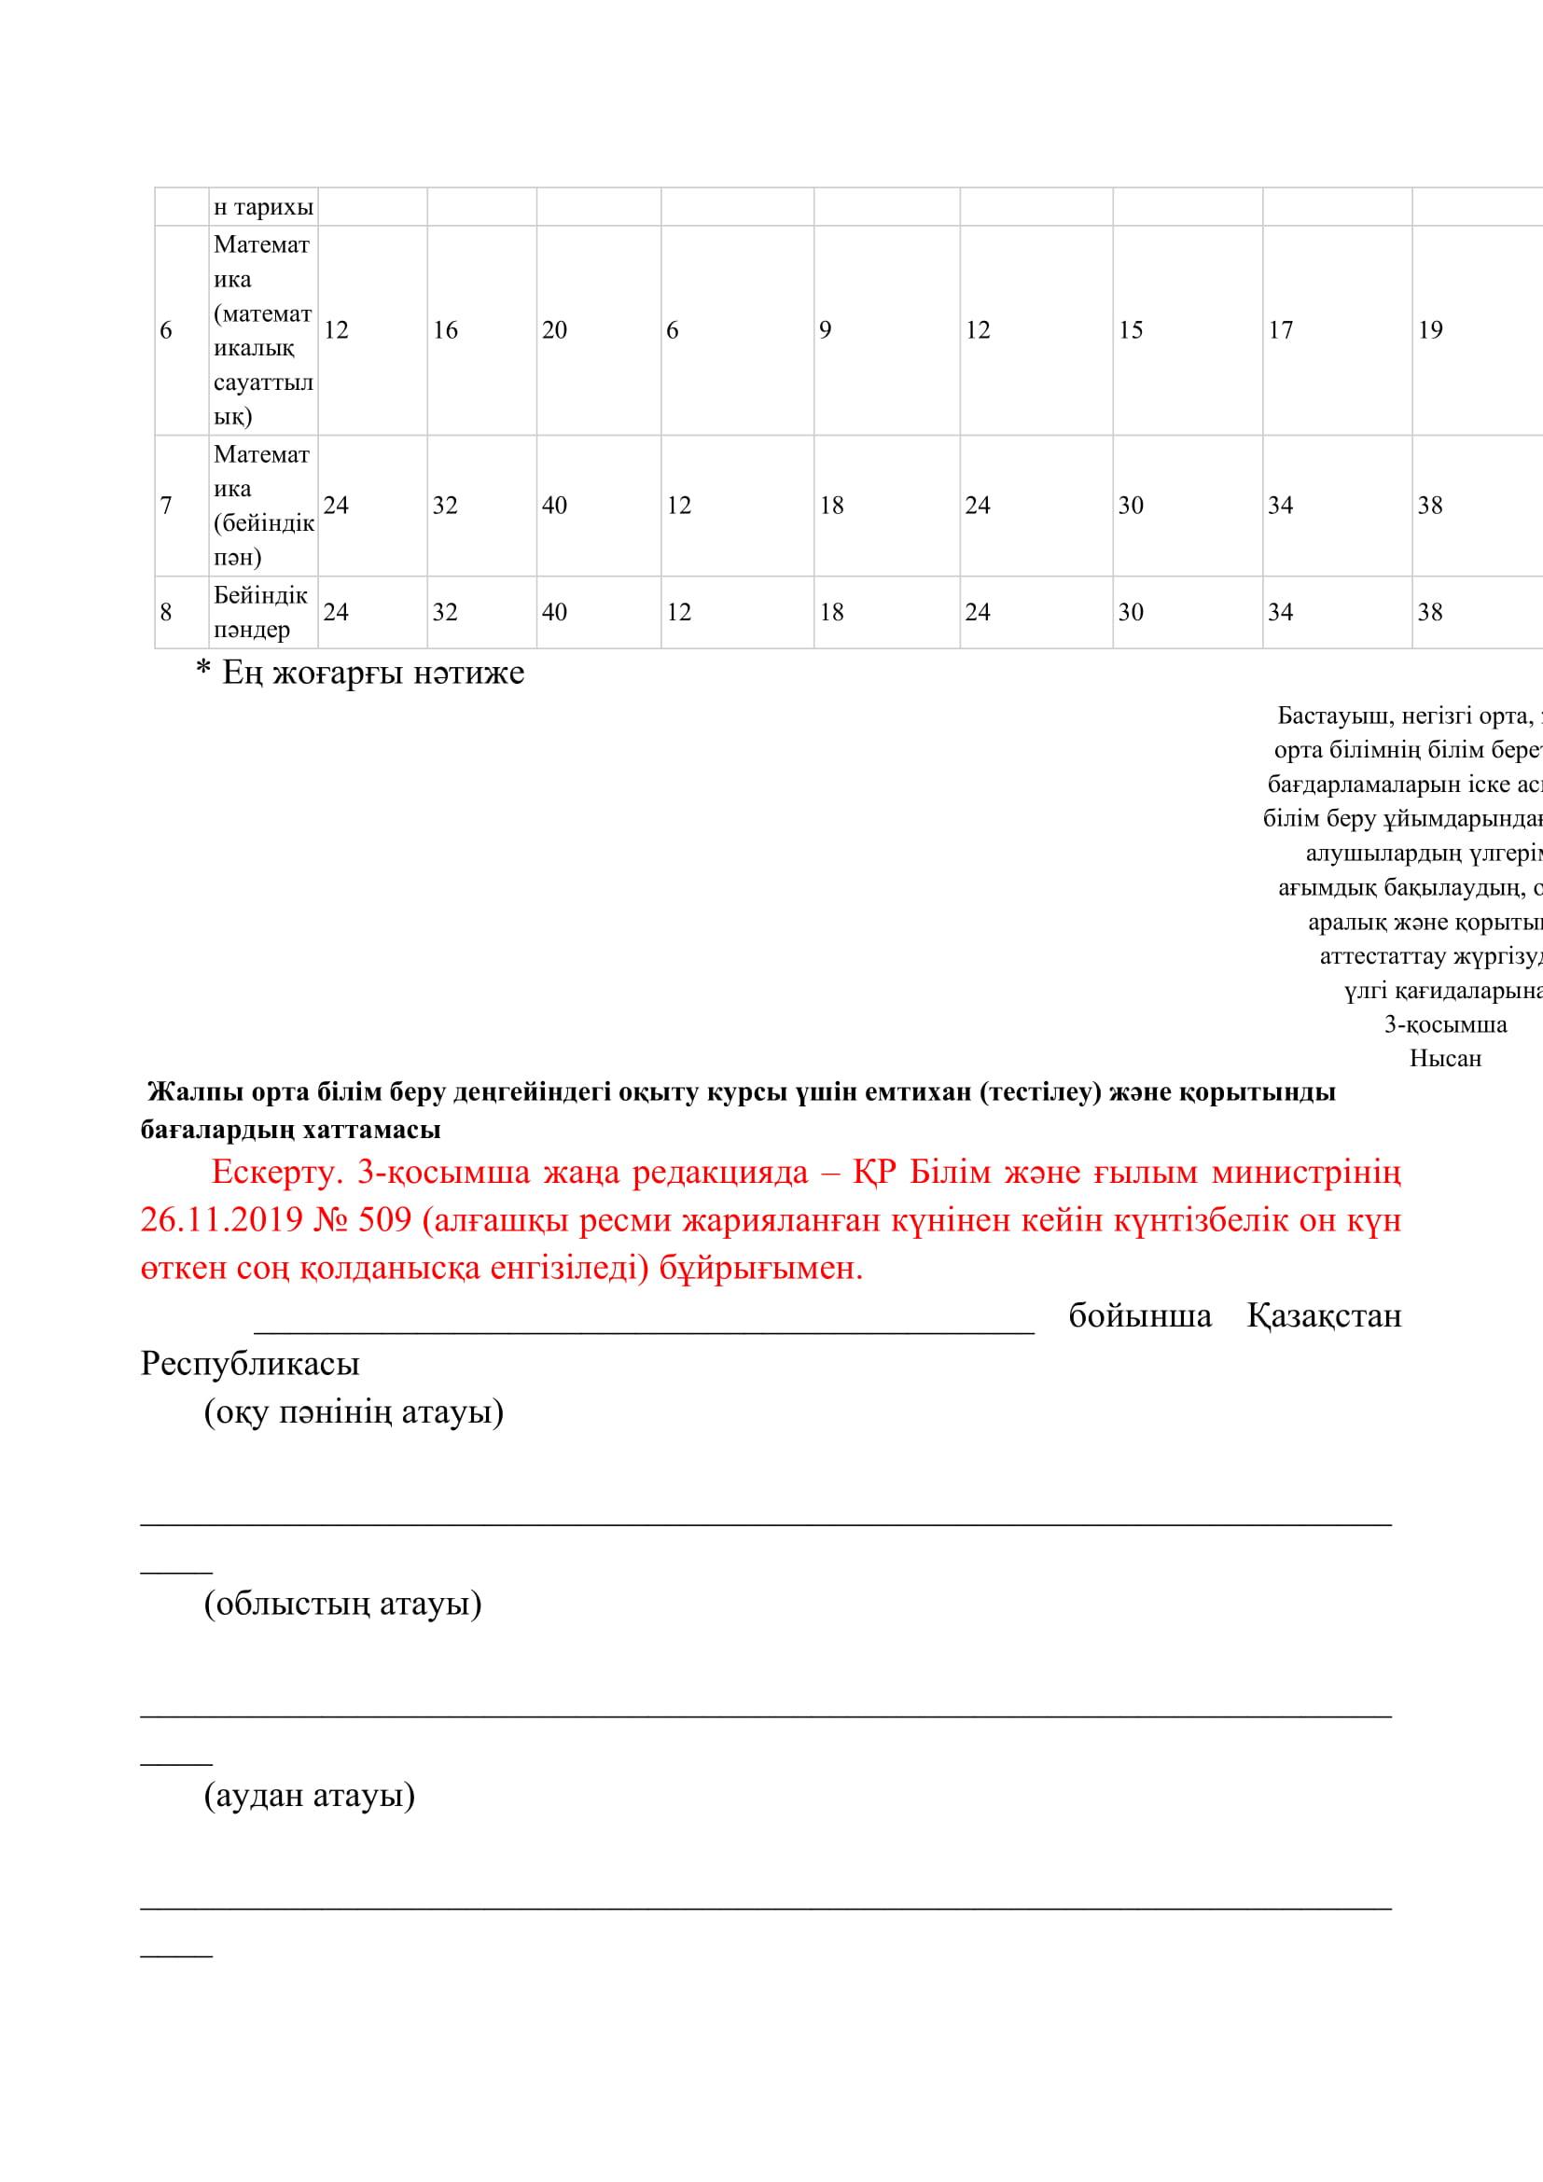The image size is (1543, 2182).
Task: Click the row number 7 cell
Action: click(x=166, y=506)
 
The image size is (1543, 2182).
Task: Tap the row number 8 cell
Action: click(x=166, y=612)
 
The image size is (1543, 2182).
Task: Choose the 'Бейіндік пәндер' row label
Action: click(x=260, y=612)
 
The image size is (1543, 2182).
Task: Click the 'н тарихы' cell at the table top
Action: click(x=263, y=207)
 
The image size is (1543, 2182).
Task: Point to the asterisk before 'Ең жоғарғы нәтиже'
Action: click(x=203, y=672)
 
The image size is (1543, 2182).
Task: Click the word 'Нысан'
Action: click(x=1445, y=1058)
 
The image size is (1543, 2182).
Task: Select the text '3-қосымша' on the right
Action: click(x=1445, y=1024)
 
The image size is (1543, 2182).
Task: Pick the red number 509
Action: click(x=384, y=1220)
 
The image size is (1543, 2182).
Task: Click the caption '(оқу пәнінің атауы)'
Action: click(x=354, y=1411)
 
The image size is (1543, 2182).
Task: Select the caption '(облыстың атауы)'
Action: click(x=343, y=1604)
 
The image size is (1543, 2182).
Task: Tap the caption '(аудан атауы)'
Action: click(x=309, y=1795)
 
